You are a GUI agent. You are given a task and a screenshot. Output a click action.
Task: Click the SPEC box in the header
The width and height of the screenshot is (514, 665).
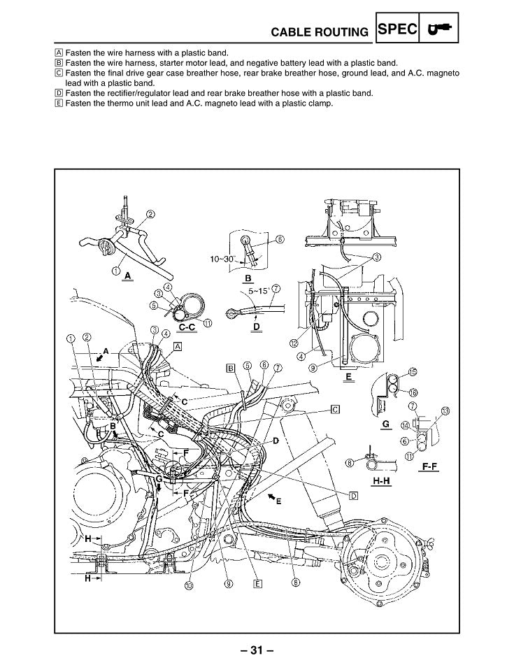point(397,29)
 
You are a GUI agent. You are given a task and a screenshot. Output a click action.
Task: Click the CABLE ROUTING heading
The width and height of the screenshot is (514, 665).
point(320,32)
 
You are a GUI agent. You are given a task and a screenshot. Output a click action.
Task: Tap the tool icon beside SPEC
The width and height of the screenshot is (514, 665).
point(439,29)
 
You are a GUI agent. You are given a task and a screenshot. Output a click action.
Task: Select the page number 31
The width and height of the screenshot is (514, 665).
point(257,650)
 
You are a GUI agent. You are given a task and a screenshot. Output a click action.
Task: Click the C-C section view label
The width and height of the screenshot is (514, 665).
point(187,327)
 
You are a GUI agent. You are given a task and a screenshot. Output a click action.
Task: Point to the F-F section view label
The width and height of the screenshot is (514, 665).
point(429,467)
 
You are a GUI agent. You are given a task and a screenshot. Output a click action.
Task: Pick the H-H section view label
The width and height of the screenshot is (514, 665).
point(381,481)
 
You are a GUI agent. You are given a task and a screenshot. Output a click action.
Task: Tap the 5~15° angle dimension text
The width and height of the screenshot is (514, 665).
point(259,292)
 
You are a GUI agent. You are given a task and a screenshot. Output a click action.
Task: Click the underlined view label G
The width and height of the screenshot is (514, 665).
point(386,424)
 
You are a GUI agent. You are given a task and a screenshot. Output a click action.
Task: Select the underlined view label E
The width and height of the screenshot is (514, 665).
point(348,376)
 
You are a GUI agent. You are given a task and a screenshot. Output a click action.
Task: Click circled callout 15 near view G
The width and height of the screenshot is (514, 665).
point(412,372)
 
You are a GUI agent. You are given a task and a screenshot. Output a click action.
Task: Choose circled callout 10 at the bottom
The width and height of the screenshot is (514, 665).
point(189,585)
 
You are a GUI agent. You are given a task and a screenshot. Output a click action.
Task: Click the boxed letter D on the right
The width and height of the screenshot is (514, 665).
point(354,496)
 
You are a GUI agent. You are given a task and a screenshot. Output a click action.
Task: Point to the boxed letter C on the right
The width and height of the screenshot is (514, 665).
point(335,409)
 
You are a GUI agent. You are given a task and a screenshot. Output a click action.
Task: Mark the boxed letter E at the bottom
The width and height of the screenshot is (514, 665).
point(257,584)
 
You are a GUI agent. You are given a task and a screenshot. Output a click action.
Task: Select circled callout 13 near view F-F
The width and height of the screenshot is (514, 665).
point(445,410)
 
